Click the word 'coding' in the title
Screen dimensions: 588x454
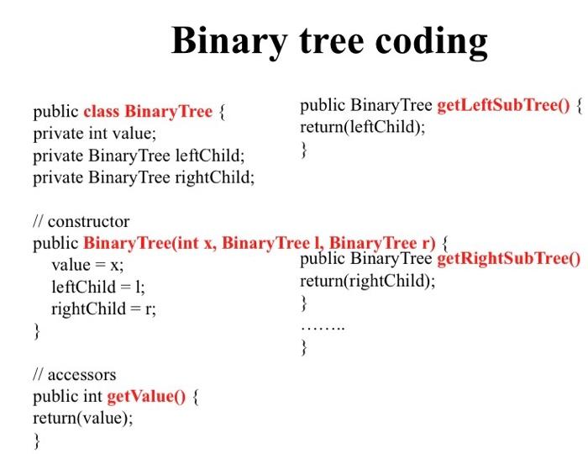[431, 42]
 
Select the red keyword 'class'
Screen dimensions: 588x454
[102, 112]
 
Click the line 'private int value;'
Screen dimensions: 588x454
[94, 134]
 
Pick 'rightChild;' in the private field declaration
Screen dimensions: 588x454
[215, 177]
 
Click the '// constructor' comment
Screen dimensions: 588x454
[81, 221]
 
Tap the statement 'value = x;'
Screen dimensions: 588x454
[87, 265]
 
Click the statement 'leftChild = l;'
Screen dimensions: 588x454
[98, 287]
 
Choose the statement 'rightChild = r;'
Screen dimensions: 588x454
[103, 309]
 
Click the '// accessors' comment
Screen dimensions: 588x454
[75, 374]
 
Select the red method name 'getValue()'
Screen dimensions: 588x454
[146, 397]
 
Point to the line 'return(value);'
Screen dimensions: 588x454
[83, 419]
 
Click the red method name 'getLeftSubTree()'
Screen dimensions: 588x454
[504, 105]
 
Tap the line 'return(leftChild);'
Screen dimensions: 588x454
[363, 127]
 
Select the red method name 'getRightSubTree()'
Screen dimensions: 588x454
[509, 259]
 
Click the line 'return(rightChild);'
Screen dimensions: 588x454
[368, 281]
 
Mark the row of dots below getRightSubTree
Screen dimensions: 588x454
[323, 328]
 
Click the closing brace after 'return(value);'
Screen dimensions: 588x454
[36, 441]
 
